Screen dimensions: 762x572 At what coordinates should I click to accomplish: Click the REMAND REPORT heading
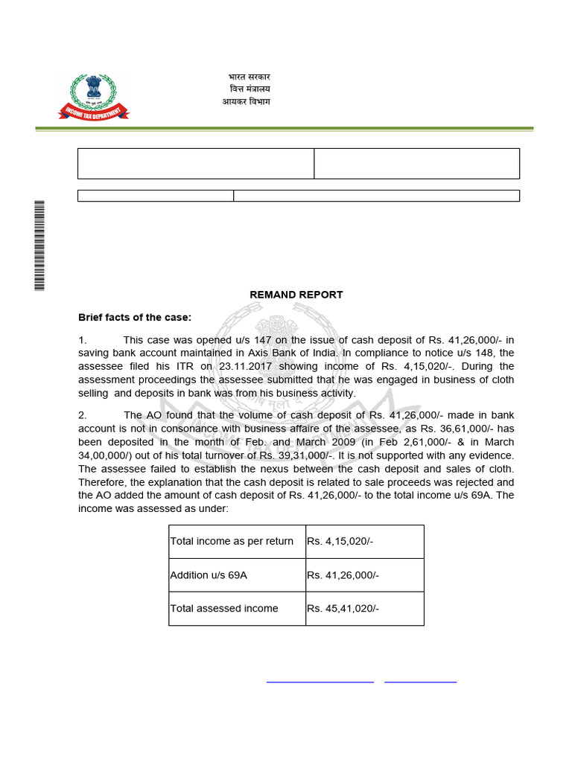[296, 295]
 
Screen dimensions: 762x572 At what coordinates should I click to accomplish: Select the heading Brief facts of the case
[135, 317]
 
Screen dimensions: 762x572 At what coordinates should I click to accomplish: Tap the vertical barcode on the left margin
[39, 246]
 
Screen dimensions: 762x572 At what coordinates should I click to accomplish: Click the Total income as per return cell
[232, 541]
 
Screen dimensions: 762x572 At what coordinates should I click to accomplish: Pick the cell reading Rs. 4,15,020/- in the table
[340, 541]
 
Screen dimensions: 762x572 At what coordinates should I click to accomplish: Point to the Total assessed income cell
[224, 608]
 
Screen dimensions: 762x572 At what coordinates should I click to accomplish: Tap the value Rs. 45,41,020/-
[343, 608]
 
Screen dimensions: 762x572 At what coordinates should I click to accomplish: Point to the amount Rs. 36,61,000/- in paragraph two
[451, 428]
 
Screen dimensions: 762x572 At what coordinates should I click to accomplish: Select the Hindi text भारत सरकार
[249, 77]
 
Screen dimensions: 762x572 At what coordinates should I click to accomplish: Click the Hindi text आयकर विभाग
[246, 101]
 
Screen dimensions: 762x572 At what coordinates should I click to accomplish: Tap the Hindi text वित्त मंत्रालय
[250, 89]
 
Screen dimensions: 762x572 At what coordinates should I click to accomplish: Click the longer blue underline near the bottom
[320, 681]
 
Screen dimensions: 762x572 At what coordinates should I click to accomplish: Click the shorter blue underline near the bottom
[420, 681]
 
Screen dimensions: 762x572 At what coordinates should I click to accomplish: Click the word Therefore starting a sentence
[103, 481]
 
